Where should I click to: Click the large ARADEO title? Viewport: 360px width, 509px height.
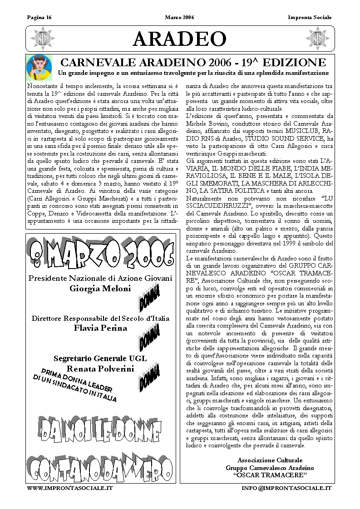point(180,39)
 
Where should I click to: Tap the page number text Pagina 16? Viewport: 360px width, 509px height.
point(39,18)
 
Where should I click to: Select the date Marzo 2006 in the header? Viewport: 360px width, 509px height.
point(180,18)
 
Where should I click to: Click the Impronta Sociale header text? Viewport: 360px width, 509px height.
point(310,18)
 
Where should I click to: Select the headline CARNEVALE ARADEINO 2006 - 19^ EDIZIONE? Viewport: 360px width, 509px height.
point(193,63)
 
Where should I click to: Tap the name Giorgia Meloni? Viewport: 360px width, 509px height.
point(100,288)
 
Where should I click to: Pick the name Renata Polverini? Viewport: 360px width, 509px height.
point(100,368)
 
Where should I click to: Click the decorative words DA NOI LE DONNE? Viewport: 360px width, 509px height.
point(101,429)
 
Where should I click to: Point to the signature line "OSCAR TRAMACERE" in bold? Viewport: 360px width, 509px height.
point(270,475)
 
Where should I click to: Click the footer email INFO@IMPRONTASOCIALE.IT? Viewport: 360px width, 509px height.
point(286,488)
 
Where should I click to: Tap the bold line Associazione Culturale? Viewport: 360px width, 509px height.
point(270,460)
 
